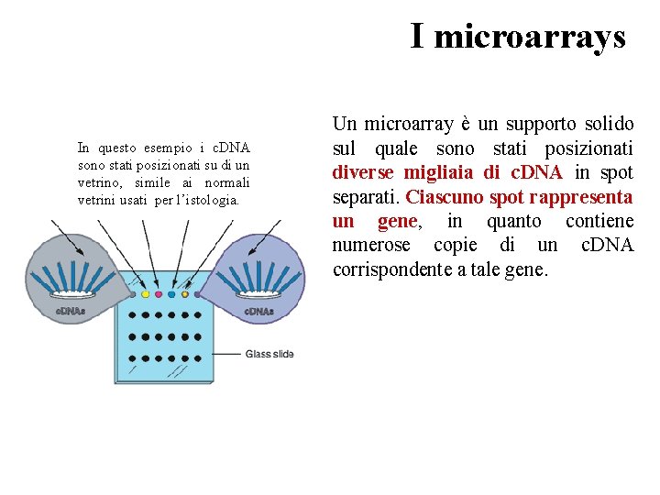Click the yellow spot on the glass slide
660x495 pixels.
145,294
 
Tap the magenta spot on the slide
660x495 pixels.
159,294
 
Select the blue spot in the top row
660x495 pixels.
171,294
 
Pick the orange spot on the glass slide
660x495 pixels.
185,294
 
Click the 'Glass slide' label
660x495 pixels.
269,354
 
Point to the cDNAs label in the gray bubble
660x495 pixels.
71,311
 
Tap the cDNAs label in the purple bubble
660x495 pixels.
258,311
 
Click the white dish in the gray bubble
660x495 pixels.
71,294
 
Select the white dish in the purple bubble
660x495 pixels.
258,294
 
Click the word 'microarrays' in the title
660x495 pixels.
530,37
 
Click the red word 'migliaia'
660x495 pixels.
438,172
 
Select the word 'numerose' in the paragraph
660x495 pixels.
371,245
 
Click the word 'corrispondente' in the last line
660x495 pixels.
394,269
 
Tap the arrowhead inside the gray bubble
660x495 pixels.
80,251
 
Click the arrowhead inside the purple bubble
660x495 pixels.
251,251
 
